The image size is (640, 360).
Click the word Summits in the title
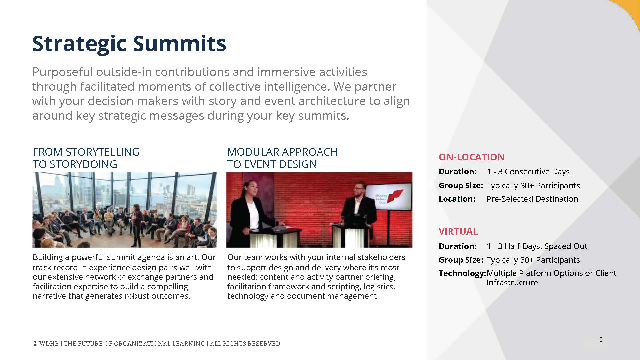179,43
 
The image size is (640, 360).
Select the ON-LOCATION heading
471,157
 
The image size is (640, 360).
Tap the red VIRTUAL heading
458,231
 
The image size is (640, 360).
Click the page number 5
601,340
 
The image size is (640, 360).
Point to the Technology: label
462,273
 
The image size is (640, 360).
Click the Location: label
457,199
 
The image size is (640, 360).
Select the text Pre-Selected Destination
532,199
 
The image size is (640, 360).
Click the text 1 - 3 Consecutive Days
528,172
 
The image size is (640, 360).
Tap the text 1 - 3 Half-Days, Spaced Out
537,246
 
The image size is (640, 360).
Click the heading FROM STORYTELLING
86,152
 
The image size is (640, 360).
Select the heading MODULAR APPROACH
282,152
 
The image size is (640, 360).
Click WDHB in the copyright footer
49,344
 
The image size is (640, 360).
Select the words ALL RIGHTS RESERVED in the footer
245,344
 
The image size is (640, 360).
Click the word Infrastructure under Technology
512,283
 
